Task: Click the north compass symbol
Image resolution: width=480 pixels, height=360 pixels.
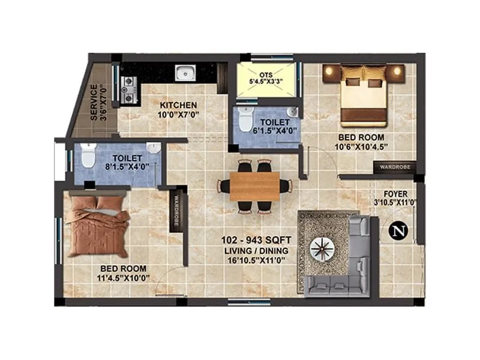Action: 397,231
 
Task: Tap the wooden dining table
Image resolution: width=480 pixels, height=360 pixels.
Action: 254,186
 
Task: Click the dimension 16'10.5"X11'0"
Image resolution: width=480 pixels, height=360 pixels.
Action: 254,260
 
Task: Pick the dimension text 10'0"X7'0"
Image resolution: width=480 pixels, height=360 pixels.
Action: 178,114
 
